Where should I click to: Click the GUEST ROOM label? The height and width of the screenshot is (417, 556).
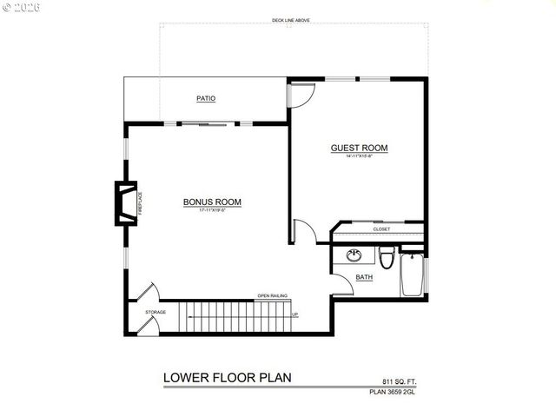point(359,148)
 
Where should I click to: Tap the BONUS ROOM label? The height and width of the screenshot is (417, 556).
point(212,202)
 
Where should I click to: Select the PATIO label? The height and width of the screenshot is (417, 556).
point(206,99)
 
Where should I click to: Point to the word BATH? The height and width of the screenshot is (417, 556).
point(366,277)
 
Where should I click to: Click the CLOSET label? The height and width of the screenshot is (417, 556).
point(381,229)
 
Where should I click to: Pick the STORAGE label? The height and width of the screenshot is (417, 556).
point(156,311)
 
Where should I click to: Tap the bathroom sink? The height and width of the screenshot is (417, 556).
point(354,255)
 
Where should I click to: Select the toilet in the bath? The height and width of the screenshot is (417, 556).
point(387,257)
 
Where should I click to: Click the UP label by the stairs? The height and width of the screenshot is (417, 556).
point(295,314)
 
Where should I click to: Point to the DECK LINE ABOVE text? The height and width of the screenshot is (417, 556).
point(291,20)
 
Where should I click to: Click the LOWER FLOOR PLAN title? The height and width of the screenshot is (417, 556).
point(227,378)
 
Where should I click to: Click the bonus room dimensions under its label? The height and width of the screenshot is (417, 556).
point(212,211)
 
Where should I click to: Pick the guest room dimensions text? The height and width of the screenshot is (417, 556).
point(359,156)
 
